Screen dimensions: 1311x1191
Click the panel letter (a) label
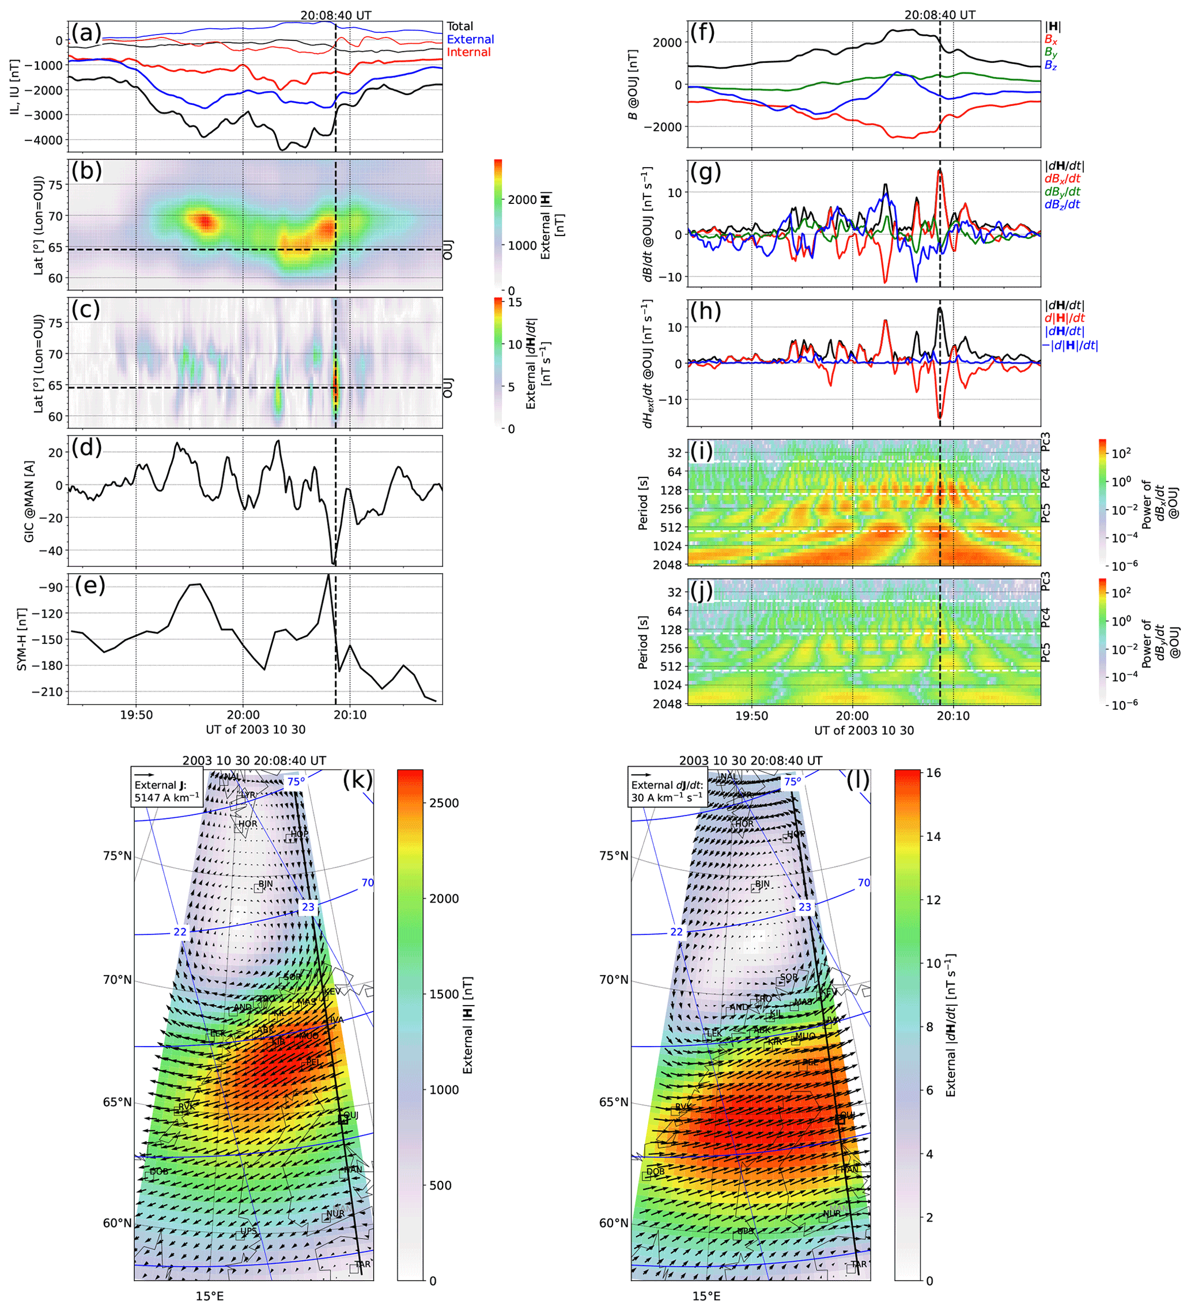pos(86,32)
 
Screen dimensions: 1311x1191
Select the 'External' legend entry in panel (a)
pos(470,40)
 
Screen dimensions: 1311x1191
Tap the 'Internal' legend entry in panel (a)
pos(468,52)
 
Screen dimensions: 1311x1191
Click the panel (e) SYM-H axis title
pos(22,640)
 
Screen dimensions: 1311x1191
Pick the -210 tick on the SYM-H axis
pos(47,692)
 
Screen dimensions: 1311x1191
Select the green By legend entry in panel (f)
pos(1050,52)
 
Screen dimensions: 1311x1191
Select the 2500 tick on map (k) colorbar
pos(444,803)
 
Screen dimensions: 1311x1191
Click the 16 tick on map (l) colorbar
pos(933,773)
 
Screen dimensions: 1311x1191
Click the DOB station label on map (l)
pos(656,1172)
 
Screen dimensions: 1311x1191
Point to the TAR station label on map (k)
pos(363,1264)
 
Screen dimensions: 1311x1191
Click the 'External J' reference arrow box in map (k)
pos(167,786)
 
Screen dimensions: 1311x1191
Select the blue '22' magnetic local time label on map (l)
pos(676,932)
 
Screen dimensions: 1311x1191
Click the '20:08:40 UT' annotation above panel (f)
pos(939,15)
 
